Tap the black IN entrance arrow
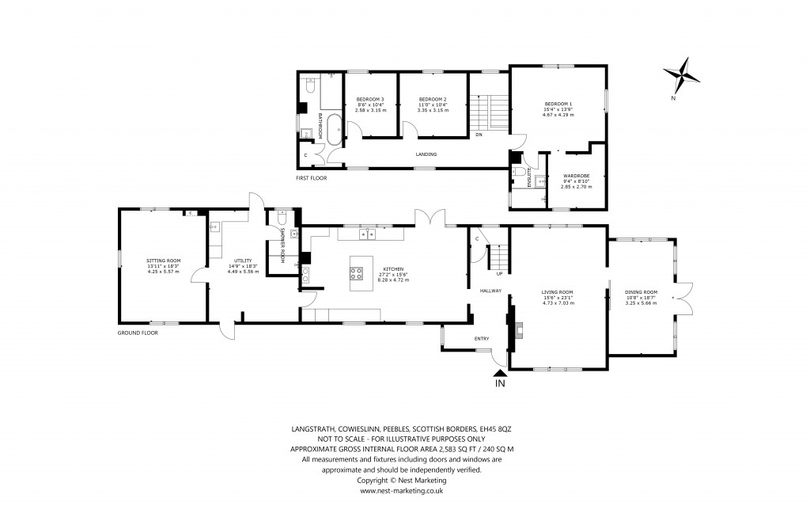pyautogui.click(x=499, y=374)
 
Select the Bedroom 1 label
pyautogui.click(x=558, y=105)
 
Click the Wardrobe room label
pyautogui.click(x=575, y=176)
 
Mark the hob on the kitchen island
pyautogui.click(x=357, y=274)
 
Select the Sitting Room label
pyautogui.click(x=164, y=261)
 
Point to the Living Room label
pyautogui.click(x=557, y=291)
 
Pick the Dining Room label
pyautogui.click(x=641, y=291)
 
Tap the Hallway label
pyautogui.click(x=491, y=291)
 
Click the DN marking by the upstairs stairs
pyautogui.click(x=479, y=134)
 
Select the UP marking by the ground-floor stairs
pyautogui.click(x=499, y=274)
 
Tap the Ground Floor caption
pyautogui.click(x=138, y=333)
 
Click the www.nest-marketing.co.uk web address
pyautogui.click(x=402, y=490)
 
